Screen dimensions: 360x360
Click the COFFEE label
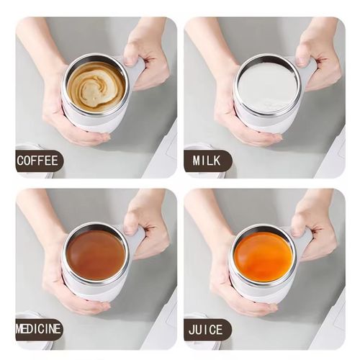(39, 161)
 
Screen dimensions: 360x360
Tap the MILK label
(207, 161)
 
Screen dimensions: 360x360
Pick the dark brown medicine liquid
(96, 254)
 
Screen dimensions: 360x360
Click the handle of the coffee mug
(136, 72)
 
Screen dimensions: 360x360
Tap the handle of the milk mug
(308, 72)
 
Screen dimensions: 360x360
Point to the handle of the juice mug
(304, 241)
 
